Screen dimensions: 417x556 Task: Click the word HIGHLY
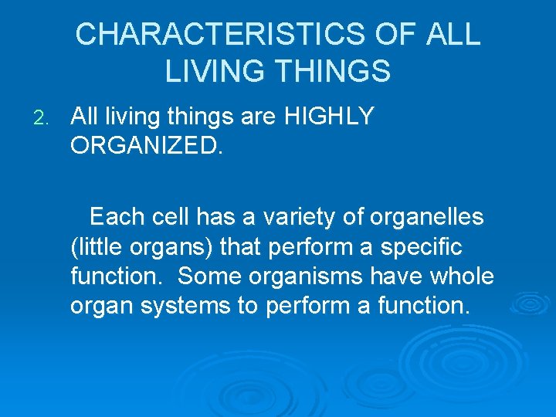(x=330, y=117)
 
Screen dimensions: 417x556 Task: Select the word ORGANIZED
(x=147, y=146)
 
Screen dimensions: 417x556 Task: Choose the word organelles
(x=426, y=218)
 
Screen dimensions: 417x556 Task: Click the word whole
(x=461, y=276)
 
